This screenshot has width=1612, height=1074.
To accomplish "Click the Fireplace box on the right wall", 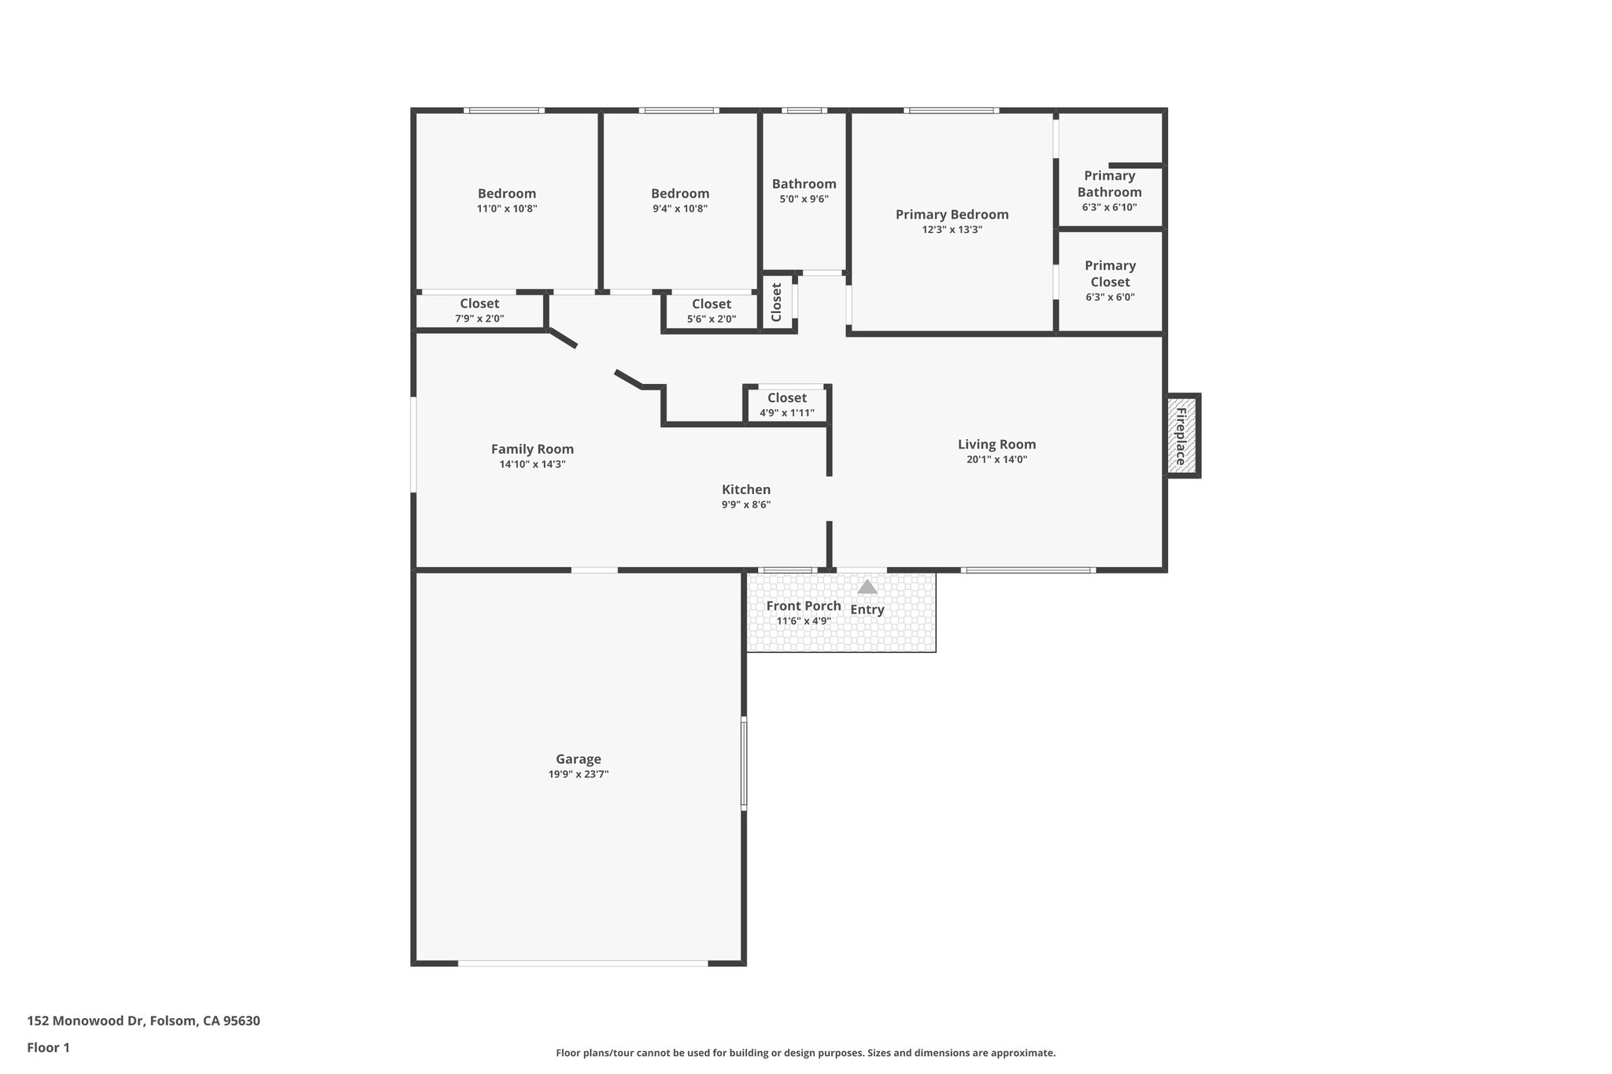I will (x=1181, y=435).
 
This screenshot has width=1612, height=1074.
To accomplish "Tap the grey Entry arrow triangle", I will (x=867, y=587).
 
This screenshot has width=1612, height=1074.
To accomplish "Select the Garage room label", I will (x=579, y=759).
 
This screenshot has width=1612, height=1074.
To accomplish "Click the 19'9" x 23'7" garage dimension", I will (x=579, y=774).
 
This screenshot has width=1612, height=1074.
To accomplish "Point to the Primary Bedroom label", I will (x=952, y=214).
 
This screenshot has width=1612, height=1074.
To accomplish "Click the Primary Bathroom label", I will (x=1109, y=183).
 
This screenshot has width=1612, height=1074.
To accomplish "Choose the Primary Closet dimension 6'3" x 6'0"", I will (x=1110, y=297).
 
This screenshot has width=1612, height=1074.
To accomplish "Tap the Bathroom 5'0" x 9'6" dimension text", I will (x=804, y=199).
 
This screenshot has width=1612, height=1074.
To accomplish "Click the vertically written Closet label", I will (x=777, y=302).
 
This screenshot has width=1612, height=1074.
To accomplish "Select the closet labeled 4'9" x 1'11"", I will (x=786, y=405).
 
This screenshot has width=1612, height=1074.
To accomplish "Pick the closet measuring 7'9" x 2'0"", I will (x=479, y=311).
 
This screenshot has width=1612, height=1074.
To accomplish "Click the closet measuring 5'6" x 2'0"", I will (x=711, y=311).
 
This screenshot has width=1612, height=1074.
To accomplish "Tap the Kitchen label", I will (x=746, y=489).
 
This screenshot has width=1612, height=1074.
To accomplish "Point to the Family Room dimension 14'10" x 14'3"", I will (x=532, y=464).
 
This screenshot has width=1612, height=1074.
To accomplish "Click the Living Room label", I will (x=996, y=445).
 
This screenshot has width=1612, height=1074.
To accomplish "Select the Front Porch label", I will (x=803, y=606).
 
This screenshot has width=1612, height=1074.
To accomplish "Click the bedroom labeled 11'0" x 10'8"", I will (x=507, y=200).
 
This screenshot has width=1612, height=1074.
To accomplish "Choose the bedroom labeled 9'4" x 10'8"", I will (x=680, y=200).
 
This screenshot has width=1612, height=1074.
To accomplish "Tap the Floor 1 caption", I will (x=48, y=1048).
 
